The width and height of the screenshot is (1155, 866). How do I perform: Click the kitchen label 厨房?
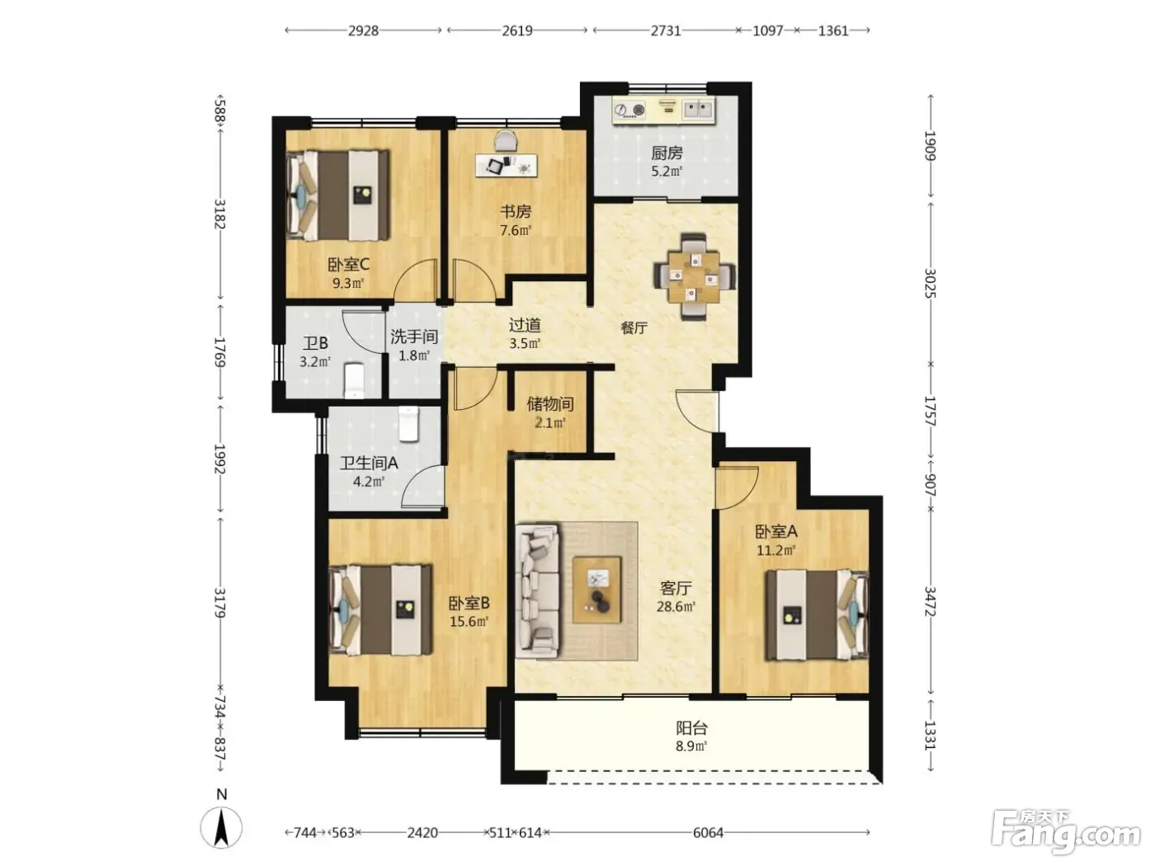click(666, 153)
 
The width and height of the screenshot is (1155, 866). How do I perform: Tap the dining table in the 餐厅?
click(694, 276)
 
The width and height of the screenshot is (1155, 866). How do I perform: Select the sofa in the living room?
click(537, 591)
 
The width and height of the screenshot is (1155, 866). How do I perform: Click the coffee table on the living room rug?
click(596, 590)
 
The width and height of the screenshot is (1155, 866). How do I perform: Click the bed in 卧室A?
click(816, 614)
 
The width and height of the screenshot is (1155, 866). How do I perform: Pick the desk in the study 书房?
click(507, 165)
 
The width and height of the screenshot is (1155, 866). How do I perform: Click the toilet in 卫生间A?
click(408, 424)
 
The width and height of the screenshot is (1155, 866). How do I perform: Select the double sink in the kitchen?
click(698, 110)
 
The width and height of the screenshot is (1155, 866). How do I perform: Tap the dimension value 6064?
click(708, 832)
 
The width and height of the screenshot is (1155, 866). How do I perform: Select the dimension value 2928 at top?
click(363, 31)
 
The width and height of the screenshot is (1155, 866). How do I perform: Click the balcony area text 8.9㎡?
click(691, 746)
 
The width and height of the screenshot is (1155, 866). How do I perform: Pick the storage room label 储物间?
click(550, 404)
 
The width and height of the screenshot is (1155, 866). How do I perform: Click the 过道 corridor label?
click(525, 325)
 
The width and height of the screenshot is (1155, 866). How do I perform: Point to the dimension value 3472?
click(931, 602)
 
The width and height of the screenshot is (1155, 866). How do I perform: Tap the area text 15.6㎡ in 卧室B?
click(469, 621)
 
